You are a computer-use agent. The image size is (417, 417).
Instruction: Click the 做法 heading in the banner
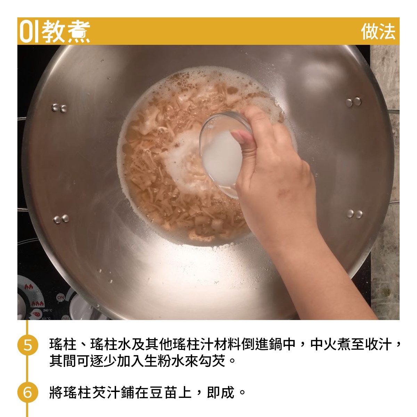point(378,32)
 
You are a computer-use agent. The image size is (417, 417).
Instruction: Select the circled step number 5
point(27,345)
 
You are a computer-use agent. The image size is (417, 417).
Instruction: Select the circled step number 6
point(27,392)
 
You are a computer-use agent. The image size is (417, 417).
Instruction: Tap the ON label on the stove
point(60,298)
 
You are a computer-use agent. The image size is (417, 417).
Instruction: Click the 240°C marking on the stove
point(48,310)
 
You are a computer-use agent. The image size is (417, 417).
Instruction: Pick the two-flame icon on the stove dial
point(29,287)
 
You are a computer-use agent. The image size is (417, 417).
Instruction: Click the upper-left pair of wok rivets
point(59,108)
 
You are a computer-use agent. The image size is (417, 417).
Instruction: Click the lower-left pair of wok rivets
point(61,219)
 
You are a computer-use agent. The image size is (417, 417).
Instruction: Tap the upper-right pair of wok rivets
point(353,102)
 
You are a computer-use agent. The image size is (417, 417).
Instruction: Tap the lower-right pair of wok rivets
point(354,214)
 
